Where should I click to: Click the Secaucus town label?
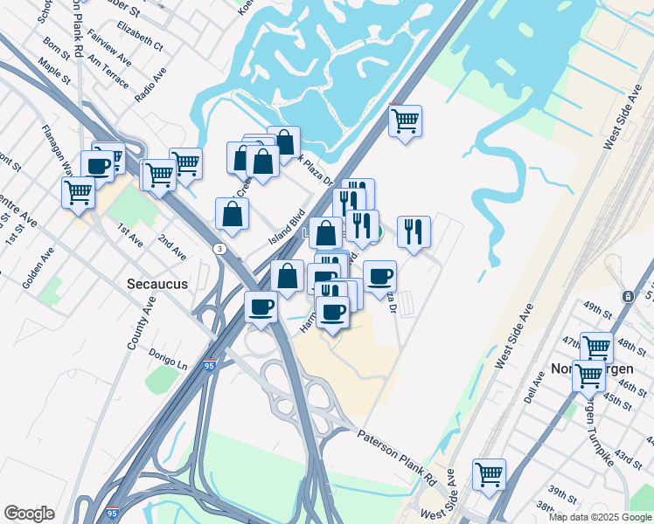click(154, 284)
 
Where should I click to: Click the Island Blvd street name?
click(286, 226)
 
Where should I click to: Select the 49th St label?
click(599, 309)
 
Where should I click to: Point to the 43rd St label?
click(628, 458)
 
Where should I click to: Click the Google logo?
click(29, 514)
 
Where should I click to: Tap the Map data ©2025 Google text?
click(601, 517)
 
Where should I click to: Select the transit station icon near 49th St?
click(628, 297)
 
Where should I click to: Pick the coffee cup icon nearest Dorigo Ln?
click(261, 307)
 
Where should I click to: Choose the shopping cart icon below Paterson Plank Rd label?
click(490, 474)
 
